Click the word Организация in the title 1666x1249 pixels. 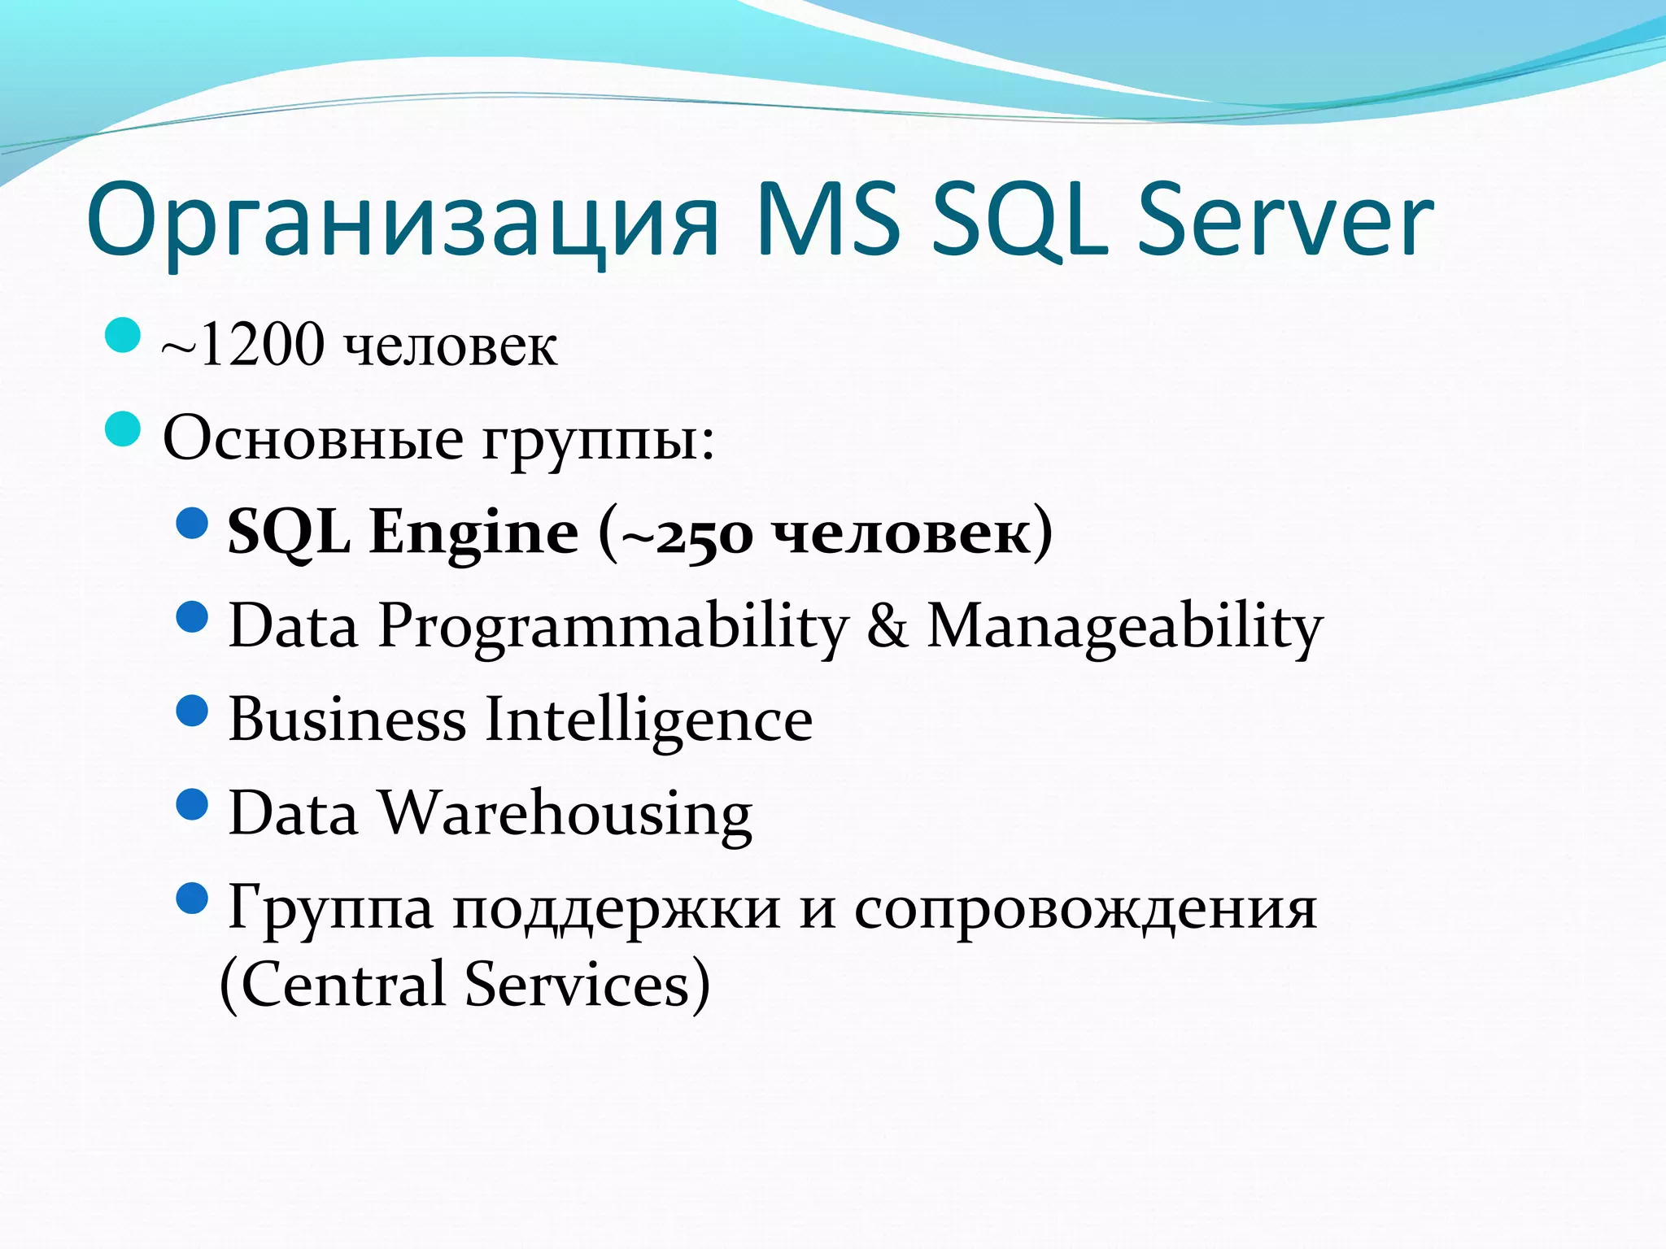(403, 221)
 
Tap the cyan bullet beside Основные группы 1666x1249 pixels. (123, 429)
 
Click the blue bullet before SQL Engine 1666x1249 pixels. (193, 524)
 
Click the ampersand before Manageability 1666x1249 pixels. (887, 626)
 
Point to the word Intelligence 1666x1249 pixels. (648, 721)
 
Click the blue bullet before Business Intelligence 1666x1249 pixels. (193, 711)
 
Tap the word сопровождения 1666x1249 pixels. (1085, 909)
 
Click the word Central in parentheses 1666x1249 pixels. (343, 984)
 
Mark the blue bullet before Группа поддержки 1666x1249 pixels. (193, 899)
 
